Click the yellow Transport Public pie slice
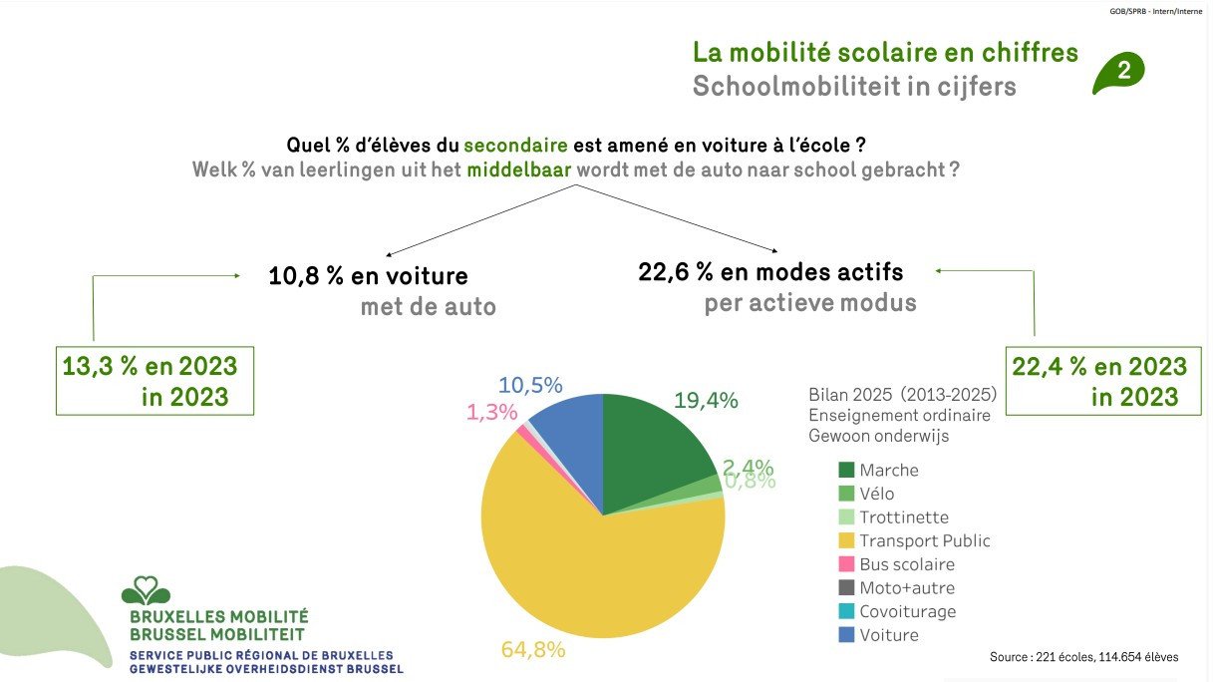[598, 578]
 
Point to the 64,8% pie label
[533, 650]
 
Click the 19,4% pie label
[706, 401]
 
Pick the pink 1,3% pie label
[492, 412]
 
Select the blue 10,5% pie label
[530, 385]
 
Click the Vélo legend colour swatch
[847, 494]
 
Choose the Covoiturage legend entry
[907, 611]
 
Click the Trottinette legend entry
[903, 517]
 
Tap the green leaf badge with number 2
[1119, 72]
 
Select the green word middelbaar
[518, 170]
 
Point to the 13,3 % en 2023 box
[154, 381]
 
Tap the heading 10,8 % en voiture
[368, 276]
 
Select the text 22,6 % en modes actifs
[770, 271]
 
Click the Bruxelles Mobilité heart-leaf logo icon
[146, 590]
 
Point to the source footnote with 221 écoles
[1083, 657]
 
